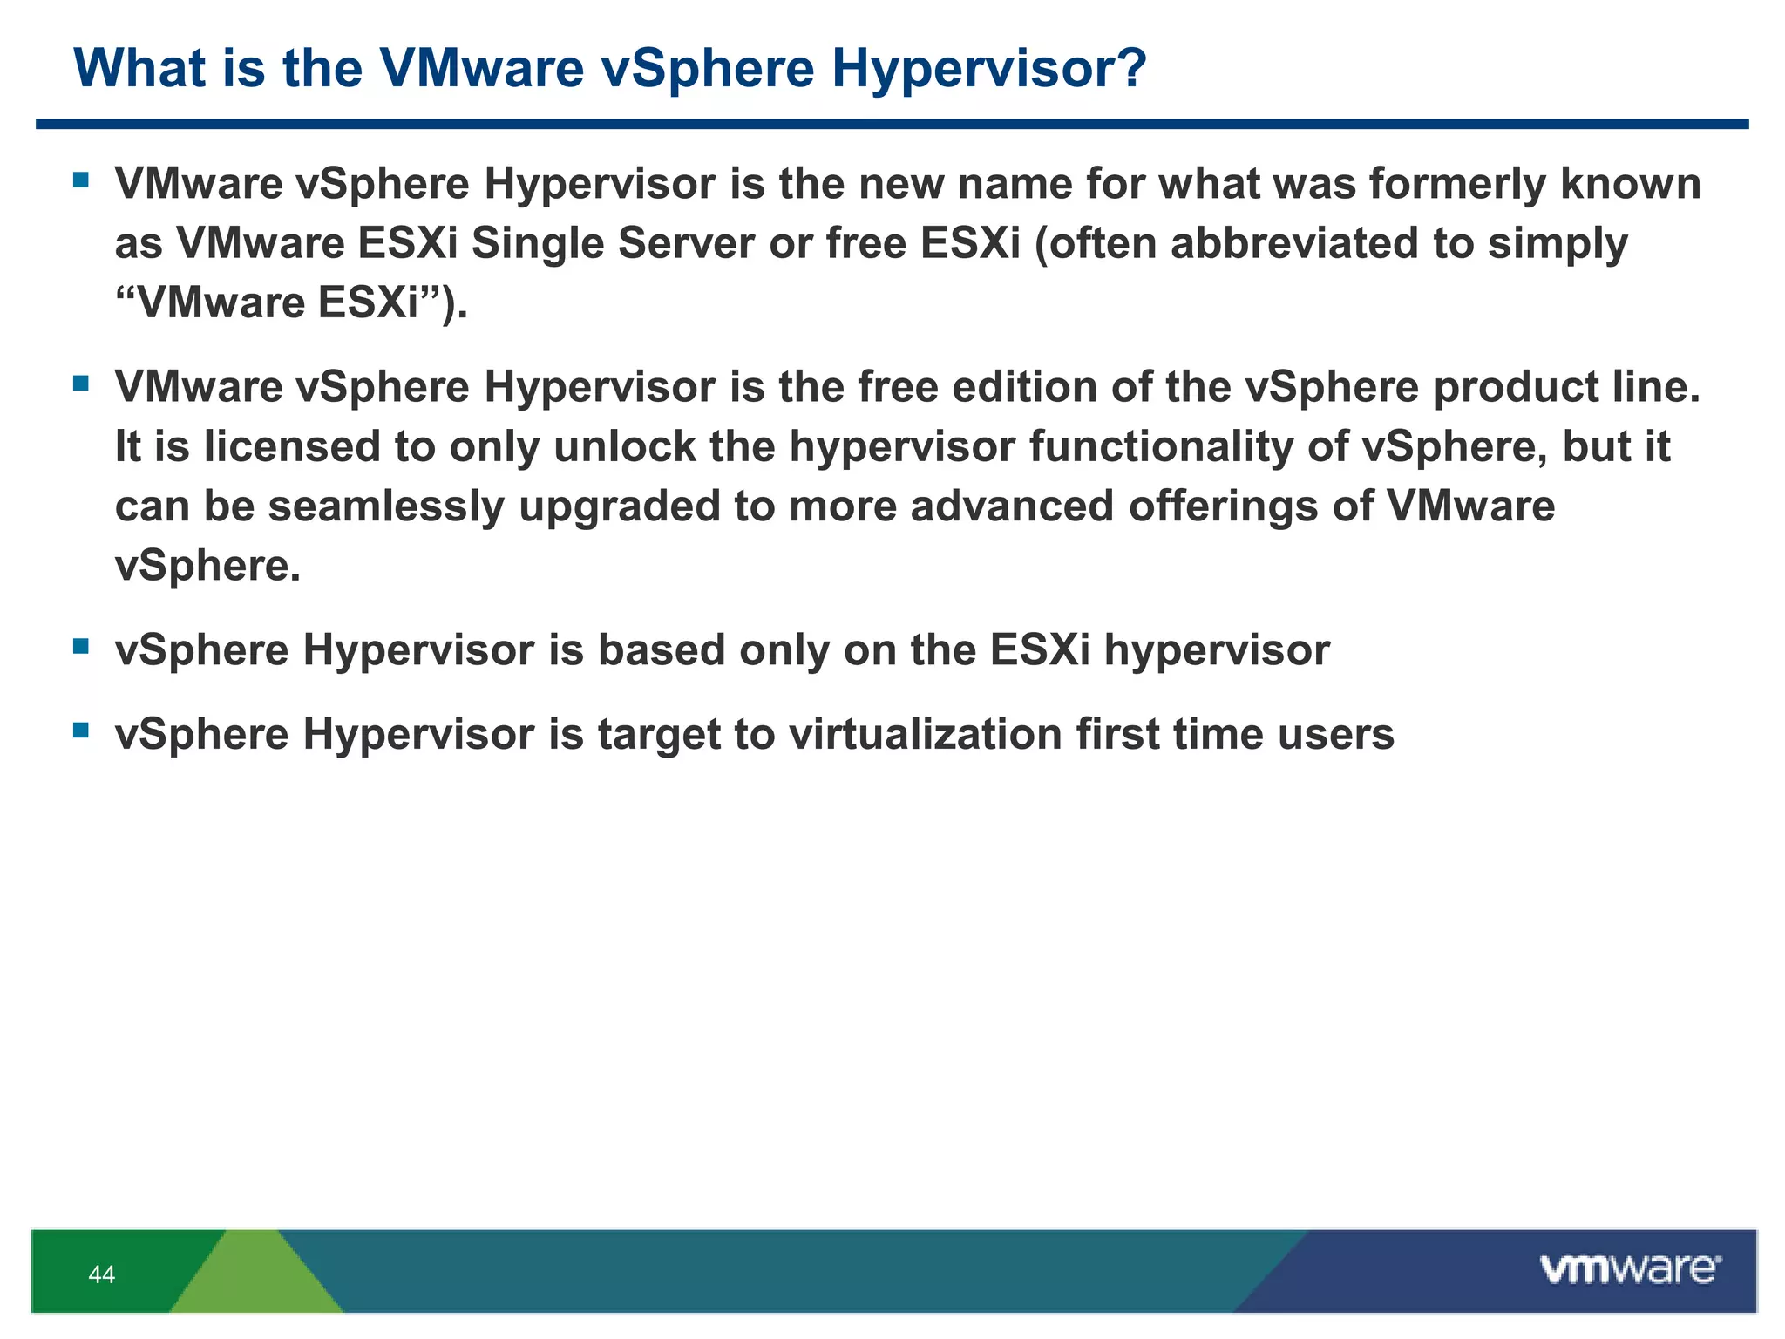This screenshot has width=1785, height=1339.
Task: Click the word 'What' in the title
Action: (x=139, y=68)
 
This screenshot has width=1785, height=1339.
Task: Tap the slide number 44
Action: (x=101, y=1274)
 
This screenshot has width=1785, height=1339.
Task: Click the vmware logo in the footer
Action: (x=1630, y=1269)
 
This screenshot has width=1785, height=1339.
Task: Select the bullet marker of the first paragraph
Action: (x=81, y=180)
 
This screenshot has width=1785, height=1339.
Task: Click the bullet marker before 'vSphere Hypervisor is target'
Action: (x=81, y=730)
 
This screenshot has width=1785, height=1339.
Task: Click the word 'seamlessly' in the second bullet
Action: (x=385, y=506)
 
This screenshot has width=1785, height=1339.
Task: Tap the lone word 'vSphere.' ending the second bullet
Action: (x=207, y=567)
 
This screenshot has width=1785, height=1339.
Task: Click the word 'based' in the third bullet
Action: (x=661, y=650)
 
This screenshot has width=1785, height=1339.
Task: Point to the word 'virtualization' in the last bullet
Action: (x=926, y=734)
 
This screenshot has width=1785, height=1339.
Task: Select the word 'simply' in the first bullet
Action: (x=1557, y=243)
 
